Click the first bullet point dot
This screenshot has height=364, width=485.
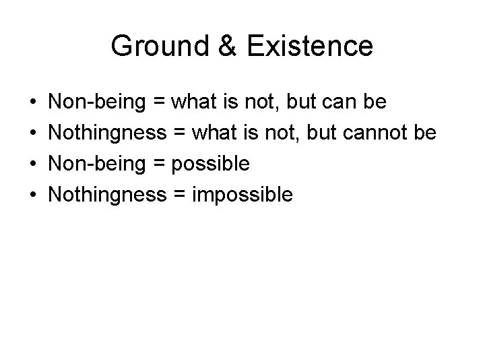(x=34, y=103)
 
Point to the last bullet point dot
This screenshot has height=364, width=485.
(x=34, y=196)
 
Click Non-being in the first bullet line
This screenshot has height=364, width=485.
(x=97, y=102)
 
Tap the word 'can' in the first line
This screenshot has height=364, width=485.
(x=345, y=102)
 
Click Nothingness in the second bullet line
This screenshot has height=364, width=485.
(x=108, y=133)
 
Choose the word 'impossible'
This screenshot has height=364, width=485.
(x=243, y=195)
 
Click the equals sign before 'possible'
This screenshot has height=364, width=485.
(x=158, y=164)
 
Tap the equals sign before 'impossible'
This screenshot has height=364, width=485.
(x=179, y=195)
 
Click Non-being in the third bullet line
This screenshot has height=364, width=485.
(x=97, y=164)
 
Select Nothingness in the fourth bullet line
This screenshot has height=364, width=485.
(x=108, y=195)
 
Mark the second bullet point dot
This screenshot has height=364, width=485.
(x=34, y=134)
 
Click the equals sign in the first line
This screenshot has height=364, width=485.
(x=158, y=102)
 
